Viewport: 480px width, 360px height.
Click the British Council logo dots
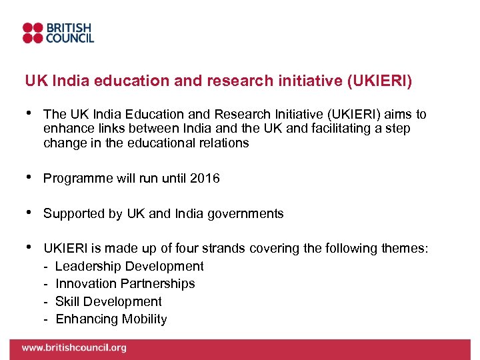(33, 33)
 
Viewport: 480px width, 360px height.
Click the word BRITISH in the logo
(69, 27)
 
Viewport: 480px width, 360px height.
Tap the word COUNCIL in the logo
(69, 38)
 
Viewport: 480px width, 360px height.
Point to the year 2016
(205, 179)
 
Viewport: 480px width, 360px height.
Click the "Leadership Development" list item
(129, 267)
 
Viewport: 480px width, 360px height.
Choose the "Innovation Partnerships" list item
(125, 284)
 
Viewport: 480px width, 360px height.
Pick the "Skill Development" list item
(108, 301)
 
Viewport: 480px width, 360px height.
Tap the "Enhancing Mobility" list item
(111, 319)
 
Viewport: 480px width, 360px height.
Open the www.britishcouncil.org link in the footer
(73, 348)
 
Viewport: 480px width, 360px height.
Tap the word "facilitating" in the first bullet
(345, 129)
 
